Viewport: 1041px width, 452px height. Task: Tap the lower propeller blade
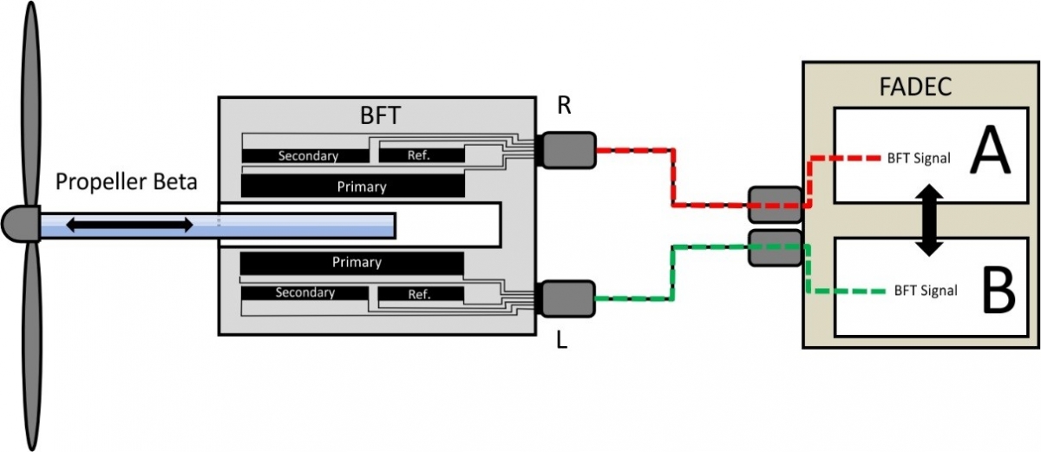tap(31, 347)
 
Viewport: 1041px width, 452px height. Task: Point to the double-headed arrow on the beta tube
tap(130, 226)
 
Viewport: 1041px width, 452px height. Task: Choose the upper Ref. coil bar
tap(419, 156)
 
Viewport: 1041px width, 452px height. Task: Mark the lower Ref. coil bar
tap(419, 294)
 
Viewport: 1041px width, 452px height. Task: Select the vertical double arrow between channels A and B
tap(929, 219)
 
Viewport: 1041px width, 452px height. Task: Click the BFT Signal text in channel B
tap(926, 291)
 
